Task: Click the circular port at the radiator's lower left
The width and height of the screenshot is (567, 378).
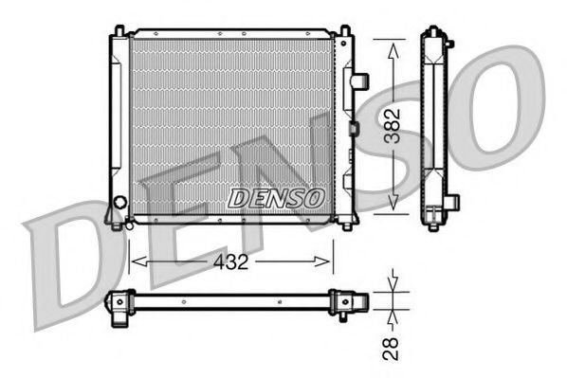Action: [x=119, y=202]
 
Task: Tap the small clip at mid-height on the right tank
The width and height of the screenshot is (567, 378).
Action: [x=354, y=127]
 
